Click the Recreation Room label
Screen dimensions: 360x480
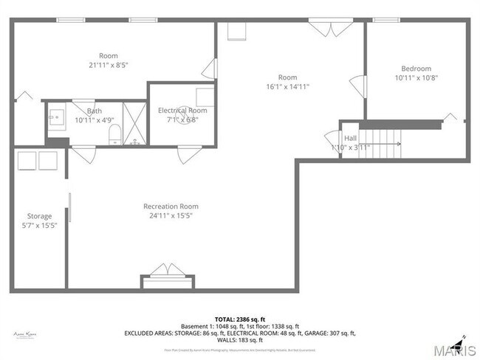coord(171,207)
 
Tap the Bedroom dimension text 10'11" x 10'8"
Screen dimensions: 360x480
coord(416,78)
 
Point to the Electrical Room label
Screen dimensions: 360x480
coord(182,110)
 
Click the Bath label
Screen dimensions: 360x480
coord(94,111)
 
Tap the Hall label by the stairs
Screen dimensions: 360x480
coord(350,138)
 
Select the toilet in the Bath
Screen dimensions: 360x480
coord(114,134)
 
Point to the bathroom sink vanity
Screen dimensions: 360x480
coord(56,117)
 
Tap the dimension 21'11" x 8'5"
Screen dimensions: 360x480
coord(109,65)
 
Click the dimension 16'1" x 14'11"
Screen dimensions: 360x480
coord(287,86)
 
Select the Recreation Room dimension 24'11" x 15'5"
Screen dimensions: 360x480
coord(171,216)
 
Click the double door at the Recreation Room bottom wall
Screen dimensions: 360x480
coord(168,270)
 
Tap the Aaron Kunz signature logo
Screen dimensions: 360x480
coord(25,334)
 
